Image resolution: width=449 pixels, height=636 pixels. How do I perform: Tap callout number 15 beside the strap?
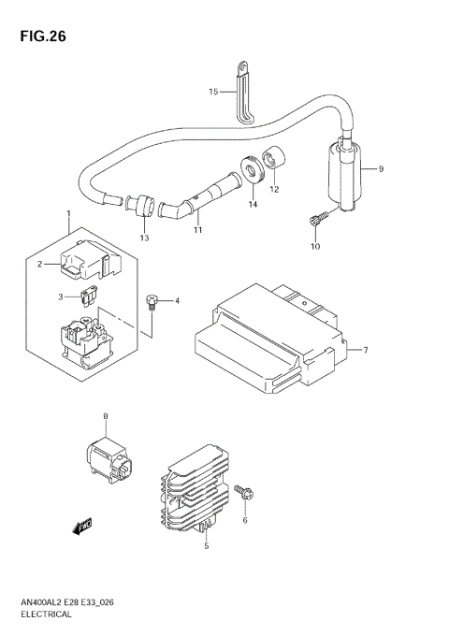[213, 92]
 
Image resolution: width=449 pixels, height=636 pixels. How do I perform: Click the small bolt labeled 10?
[314, 221]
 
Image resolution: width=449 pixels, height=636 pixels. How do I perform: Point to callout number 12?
[274, 189]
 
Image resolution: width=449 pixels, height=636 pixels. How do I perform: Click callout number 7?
[366, 351]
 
